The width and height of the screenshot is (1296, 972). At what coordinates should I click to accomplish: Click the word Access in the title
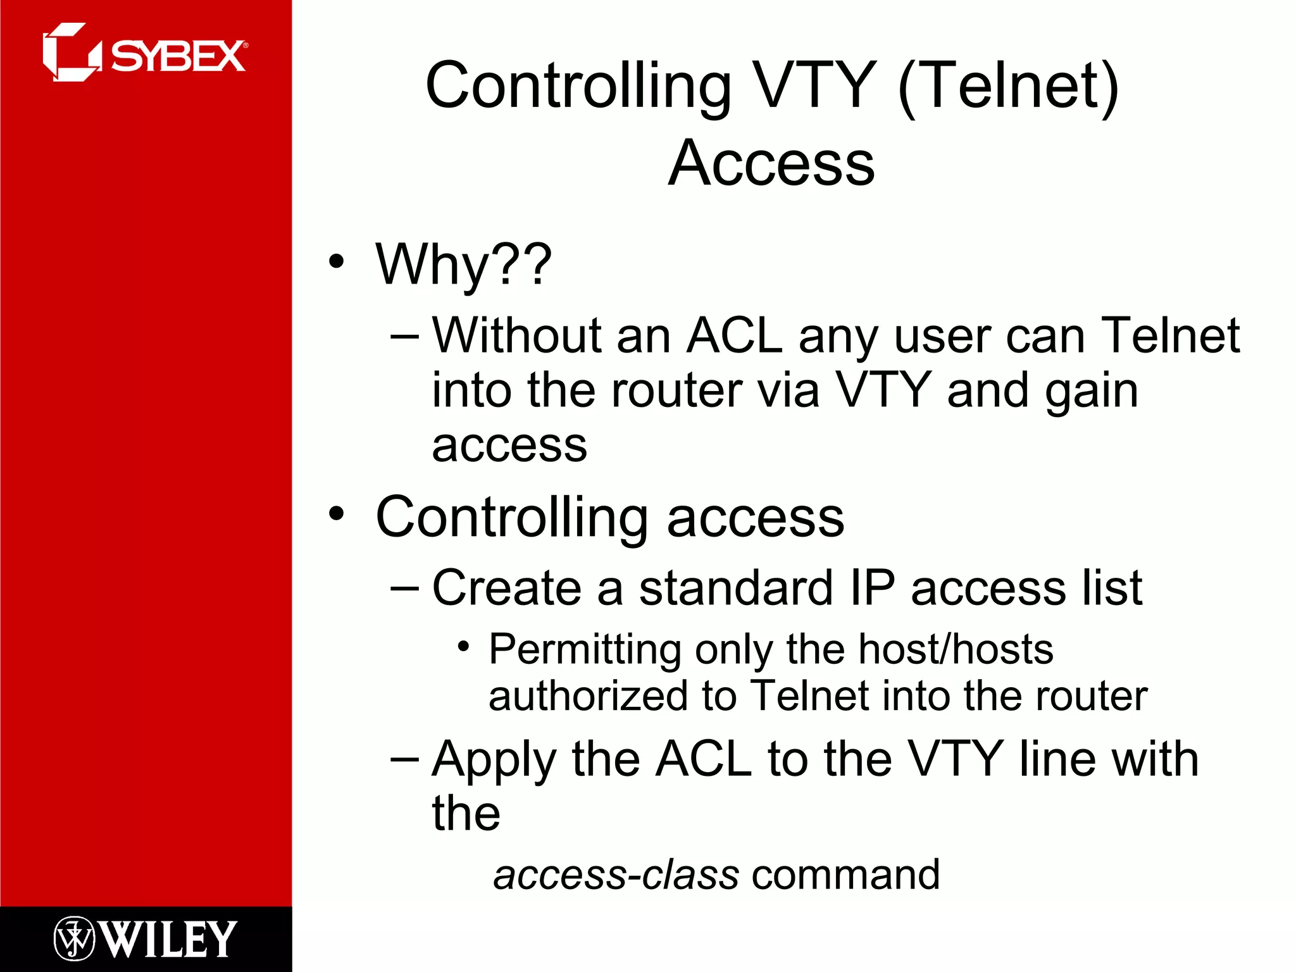[x=771, y=163]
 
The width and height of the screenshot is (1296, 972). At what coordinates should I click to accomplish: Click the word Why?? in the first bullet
[x=463, y=265]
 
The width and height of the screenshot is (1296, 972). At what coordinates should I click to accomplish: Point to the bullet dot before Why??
[x=337, y=261]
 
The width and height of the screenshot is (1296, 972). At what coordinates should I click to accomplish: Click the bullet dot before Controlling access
[x=337, y=514]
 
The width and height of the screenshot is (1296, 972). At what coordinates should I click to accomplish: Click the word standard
[x=735, y=588]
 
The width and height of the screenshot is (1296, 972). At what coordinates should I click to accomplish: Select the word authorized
[x=588, y=696]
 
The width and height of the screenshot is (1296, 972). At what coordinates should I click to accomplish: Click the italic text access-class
[x=616, y=875]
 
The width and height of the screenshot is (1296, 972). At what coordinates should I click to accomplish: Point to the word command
[x=845, y=875]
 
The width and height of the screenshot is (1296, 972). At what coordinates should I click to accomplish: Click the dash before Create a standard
[x=405, y=589]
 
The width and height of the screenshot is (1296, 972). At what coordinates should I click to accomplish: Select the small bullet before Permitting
[x=464, y=647]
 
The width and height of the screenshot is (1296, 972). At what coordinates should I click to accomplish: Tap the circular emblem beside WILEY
[x=74, y=938]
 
